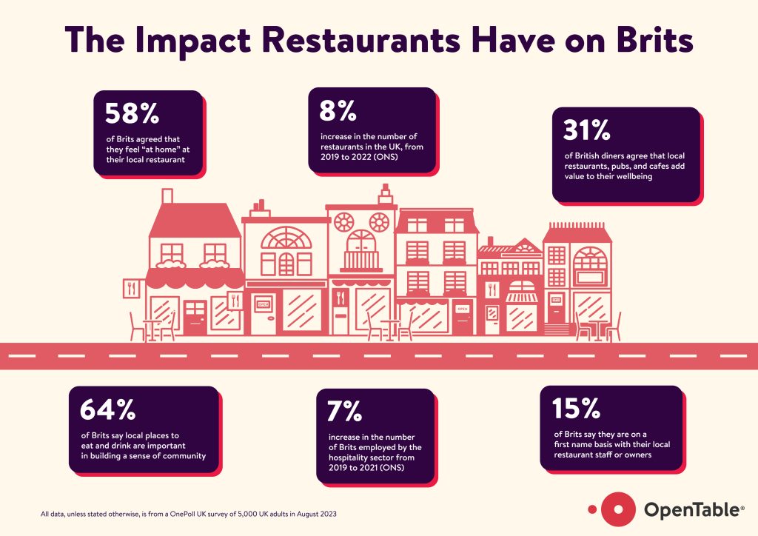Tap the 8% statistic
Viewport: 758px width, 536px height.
[x=338, y=111]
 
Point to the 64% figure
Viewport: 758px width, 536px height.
[x=107, y=410]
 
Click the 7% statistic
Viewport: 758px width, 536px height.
[x=340, y=411]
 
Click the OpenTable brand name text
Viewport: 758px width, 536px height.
[x=690, y=510]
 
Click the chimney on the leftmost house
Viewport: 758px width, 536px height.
[x=167, y=196]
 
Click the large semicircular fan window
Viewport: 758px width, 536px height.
[x=284, y=238]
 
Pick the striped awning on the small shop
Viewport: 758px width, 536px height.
[x=522, y=298]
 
